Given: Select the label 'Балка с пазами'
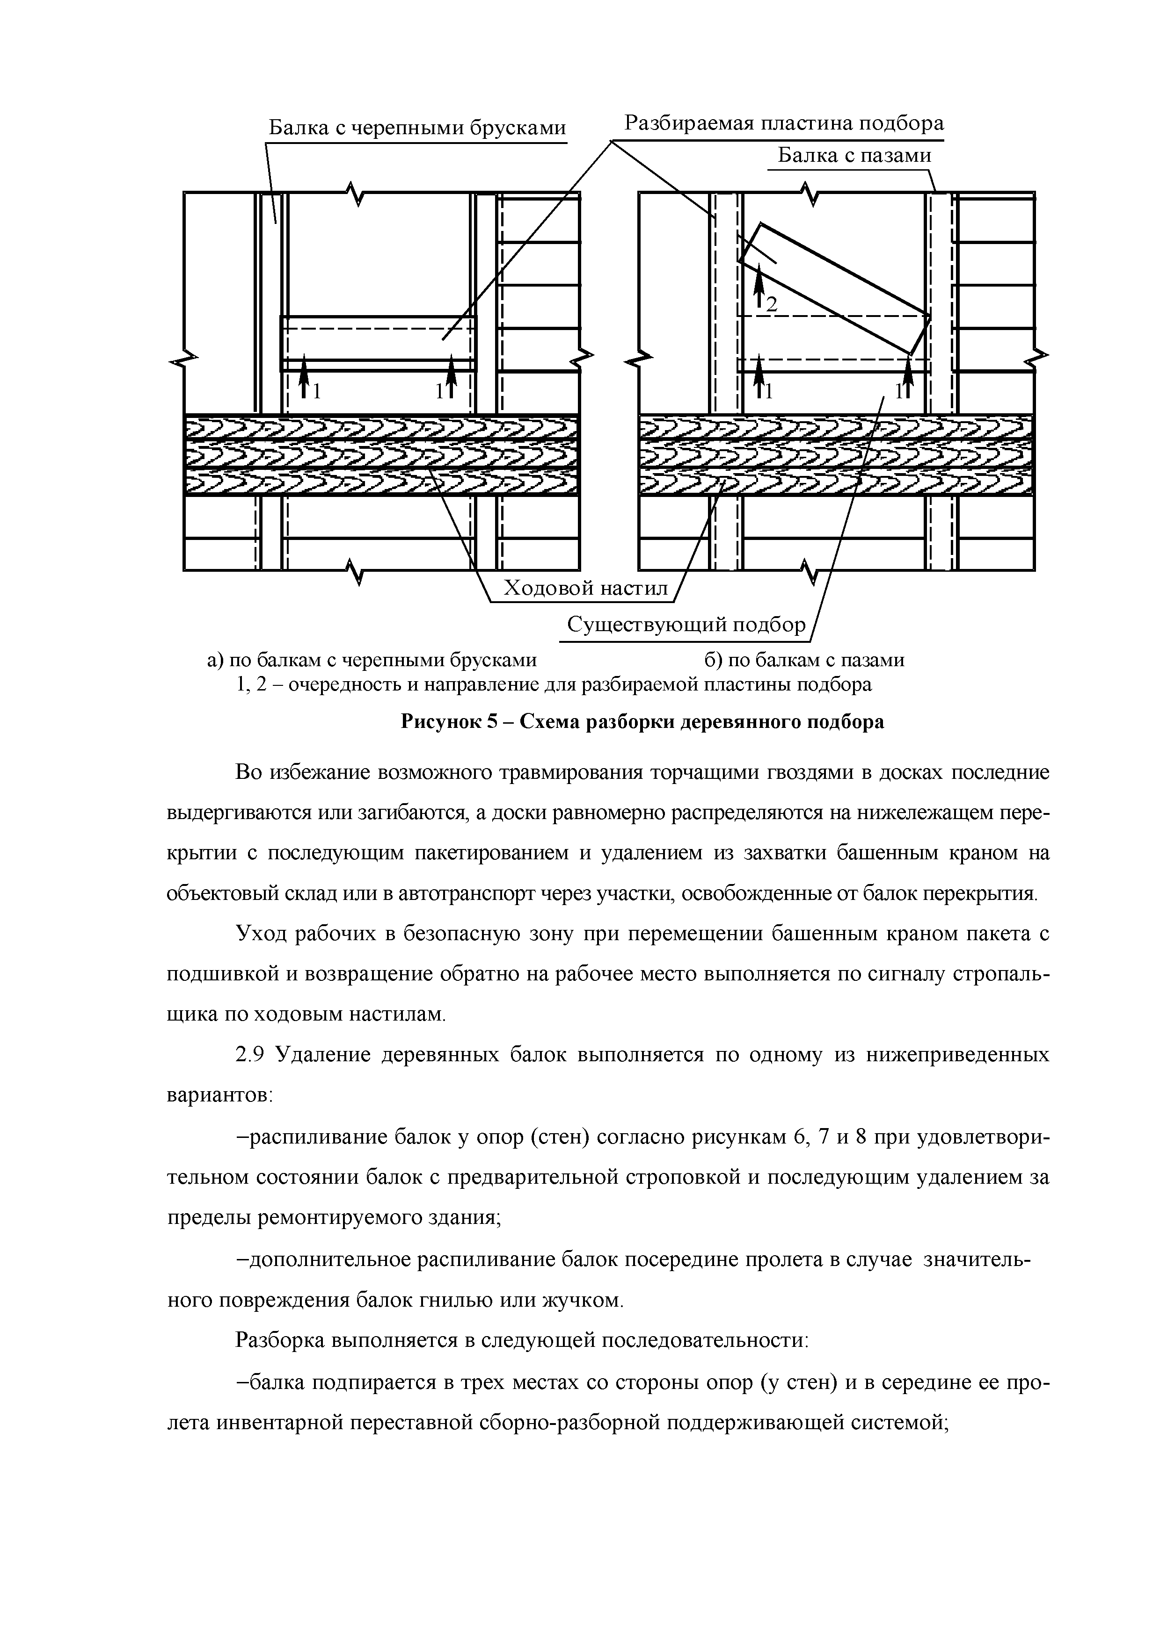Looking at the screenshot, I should [854, 155].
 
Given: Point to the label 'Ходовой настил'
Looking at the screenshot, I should [585, 589].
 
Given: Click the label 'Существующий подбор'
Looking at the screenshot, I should [686, 625].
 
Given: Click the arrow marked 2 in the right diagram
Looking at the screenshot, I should [760, 282].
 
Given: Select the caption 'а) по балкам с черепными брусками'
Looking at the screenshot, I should [372, 660].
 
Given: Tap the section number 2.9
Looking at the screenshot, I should [250, 1054].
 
